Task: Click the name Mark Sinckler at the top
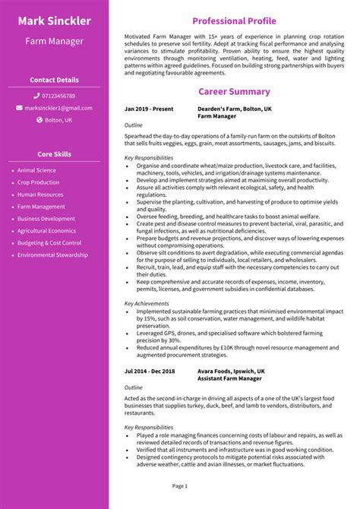(x=54, y=21)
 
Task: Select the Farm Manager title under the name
(x=54, y=41)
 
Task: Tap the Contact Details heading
(x=54, y=80)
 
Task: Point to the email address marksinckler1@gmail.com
(x=58, y=108)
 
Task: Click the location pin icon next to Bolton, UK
(x=39, y=120)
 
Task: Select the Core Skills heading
(x=54, y=154)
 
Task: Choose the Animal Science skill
(x=36, y=170)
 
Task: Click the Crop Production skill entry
(x=38, y=182)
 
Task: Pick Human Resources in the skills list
(x=40, y=194)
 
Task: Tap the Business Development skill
(x=46, y=219)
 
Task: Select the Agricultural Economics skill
(x=46, y=231)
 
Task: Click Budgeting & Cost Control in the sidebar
(x=49, y=243)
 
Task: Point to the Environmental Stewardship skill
(x=52, y=255)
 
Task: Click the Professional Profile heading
(x=234, y=21)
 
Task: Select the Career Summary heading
(x=234, y=92)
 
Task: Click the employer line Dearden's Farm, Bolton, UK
(x=233, y=109)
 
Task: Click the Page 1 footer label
(x=180, y=485)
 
